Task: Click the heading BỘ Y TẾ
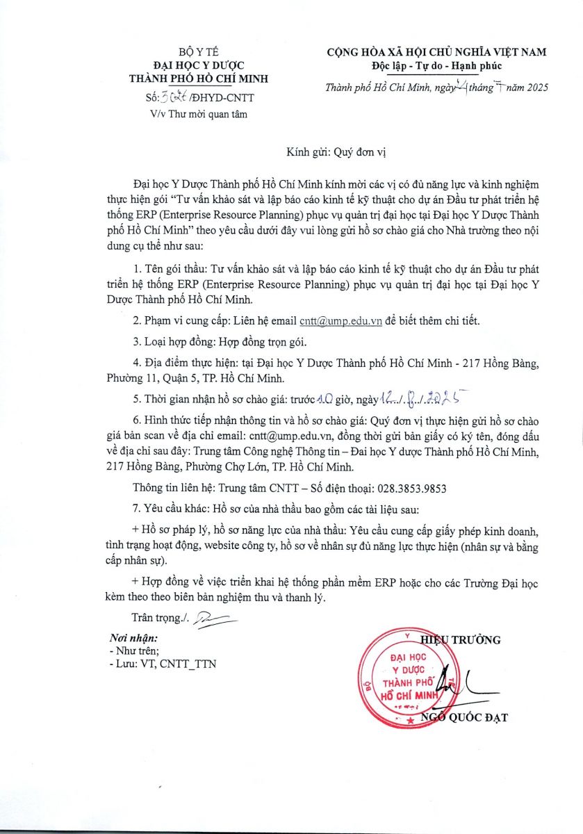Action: click(198, 53)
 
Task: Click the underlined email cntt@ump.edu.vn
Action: click(340, 321)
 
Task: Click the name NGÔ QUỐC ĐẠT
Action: click(465, 717)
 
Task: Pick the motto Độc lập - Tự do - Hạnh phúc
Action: click(436, 66)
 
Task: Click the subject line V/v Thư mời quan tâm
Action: click(199, 114)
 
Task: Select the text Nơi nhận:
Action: click(133, 638)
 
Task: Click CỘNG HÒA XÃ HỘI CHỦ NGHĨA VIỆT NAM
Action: click(437, 52)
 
